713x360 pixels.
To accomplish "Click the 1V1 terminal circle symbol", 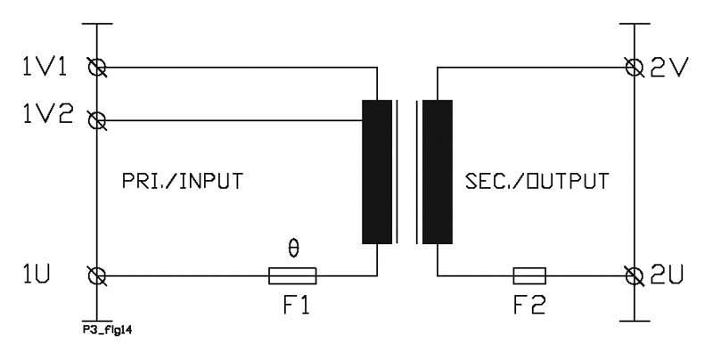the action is point(97,68).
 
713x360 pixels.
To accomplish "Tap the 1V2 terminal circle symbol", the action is point(97,120).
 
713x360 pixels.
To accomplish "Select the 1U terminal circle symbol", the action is point(97,276).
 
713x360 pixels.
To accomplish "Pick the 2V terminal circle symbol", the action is point(634,68).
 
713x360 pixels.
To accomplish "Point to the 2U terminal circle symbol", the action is point(634,276).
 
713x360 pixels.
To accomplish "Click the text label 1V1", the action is point(45,67).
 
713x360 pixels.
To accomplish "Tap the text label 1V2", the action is point(48,114).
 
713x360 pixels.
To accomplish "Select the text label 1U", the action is point(37,274).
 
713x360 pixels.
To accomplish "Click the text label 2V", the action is point(667,68).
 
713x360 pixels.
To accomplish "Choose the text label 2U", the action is point(667,274).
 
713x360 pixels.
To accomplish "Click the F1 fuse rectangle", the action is point(292,276).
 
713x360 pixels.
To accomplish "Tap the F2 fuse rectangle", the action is point(529,276).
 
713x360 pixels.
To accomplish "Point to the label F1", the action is point(297,305).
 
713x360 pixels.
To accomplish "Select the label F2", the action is point(529,305).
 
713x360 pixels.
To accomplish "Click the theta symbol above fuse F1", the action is point(294,249).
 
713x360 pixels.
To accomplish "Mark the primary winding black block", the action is point(377,172).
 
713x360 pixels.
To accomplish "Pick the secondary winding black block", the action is point(438,172).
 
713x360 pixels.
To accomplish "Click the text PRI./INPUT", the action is point(183,181).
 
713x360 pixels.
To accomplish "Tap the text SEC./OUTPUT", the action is point(537,181).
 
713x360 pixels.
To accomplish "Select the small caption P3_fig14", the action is point(107,330).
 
